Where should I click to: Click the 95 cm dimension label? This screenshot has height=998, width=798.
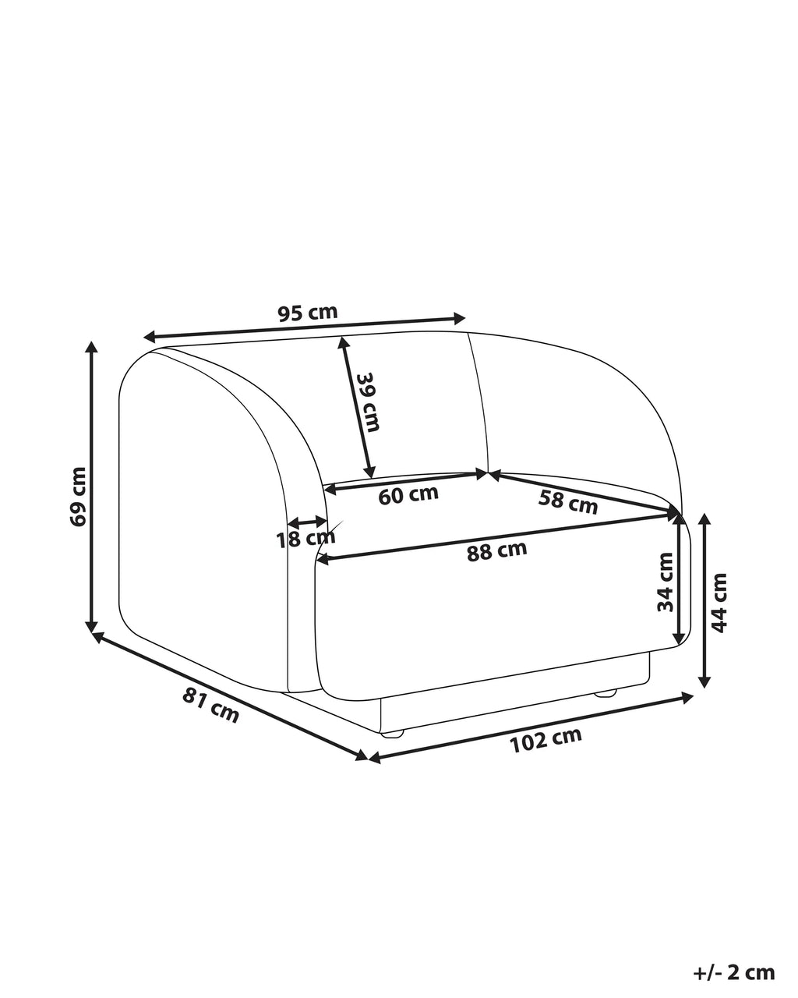click(307, 313)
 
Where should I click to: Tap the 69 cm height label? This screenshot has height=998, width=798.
click(77, 497)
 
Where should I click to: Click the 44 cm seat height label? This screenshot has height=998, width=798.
click(719, 603)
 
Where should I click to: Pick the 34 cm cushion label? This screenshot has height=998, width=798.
click(665, 582)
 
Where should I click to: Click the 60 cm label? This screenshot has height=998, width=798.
click(408, 495)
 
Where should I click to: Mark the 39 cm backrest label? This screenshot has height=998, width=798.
click(369, 402)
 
